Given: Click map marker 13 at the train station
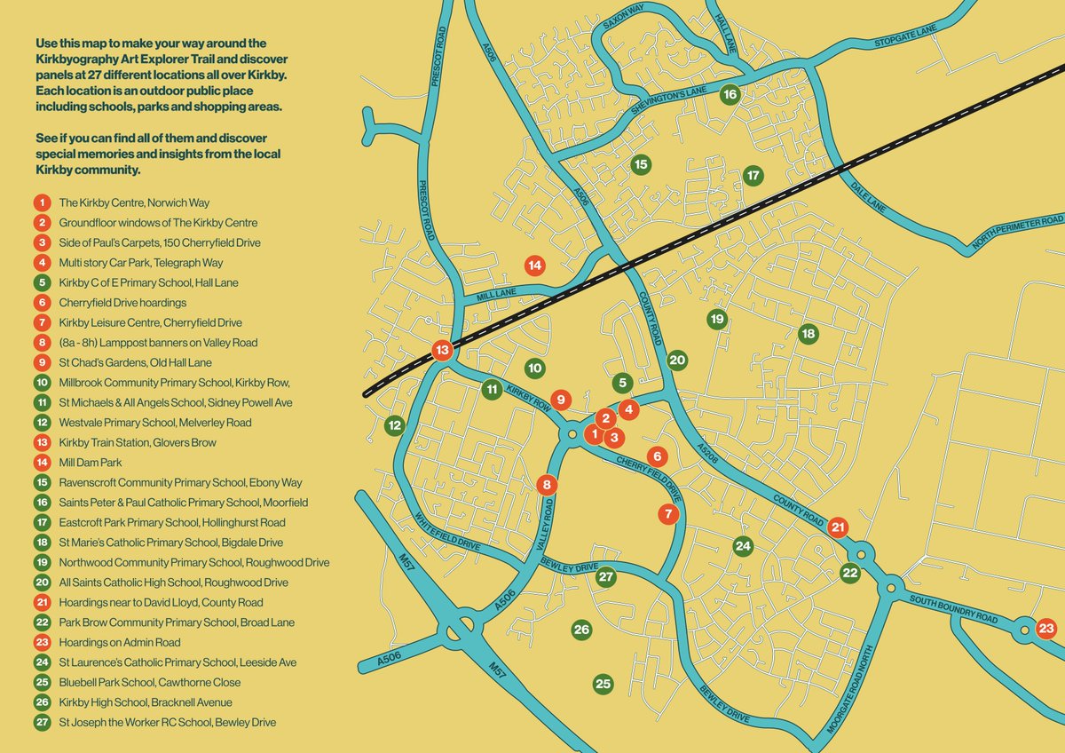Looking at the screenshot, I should pyautogui.click(x=442, y=351).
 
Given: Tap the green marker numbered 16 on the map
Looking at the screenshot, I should pyautogui.click(x=730, y=94).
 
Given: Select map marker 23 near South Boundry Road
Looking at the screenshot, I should pyautogui.click(x=1046, y=629).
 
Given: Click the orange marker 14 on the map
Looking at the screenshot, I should pyautogui.click(x=534, y=265).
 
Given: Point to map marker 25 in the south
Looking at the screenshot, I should pyautogui.click(x=603, y=684).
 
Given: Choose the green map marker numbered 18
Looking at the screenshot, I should pyautogui.click(x=808, y=334).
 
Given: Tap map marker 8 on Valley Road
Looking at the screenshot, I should pyautogui.click(x=548, y=485).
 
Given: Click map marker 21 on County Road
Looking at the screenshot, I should pyautogui.click(x=839, y=527).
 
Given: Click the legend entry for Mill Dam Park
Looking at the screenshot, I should pyautogui.click(x=90, y=463).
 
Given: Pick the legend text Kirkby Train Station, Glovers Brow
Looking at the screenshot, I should pyautogui.click(x=138, y=442).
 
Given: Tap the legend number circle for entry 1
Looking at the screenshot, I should pyautogui.click(x=42, y=202).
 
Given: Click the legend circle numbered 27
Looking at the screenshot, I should pyautogui.click(x=42, y=723).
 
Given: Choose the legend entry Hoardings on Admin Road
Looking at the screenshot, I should pyautogui.click(x=120, y=642).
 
